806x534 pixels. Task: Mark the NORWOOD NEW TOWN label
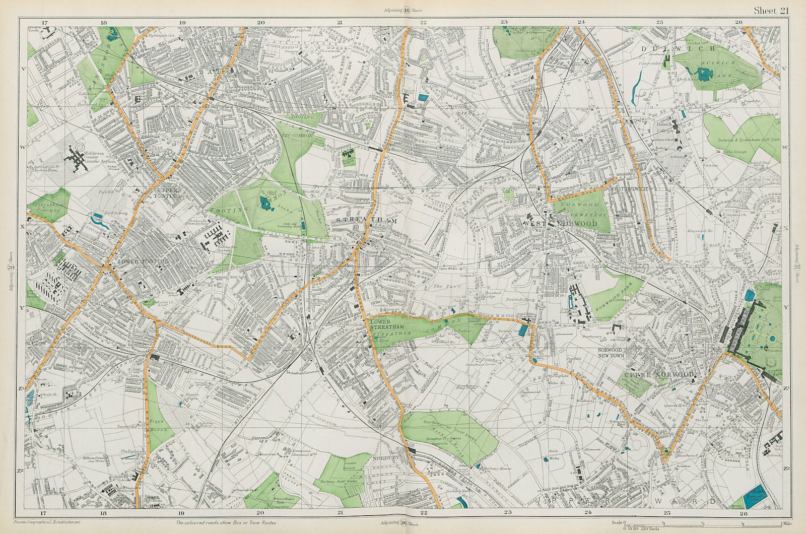point(611,352)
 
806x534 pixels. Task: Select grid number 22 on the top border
point(424,22)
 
